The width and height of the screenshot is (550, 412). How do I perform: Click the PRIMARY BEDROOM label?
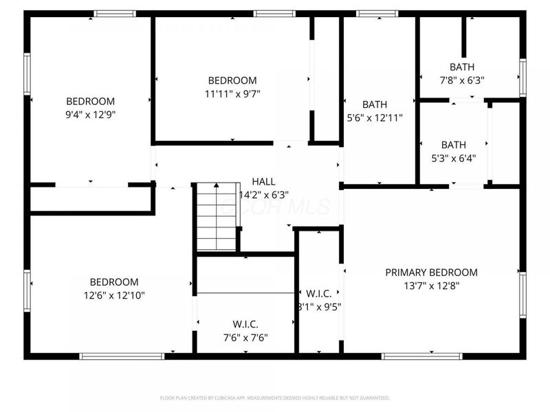[431, 273]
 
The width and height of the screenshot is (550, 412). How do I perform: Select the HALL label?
[263, 181]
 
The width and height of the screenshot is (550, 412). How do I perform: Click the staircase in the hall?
[216, 217]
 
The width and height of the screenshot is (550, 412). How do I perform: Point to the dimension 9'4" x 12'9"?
[91, 115]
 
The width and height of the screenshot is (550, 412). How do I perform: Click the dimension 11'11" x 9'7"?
[232, 93]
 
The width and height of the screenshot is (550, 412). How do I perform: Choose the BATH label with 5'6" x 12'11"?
[375, 104]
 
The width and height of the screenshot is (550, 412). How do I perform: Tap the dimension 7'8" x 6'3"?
[461, 80]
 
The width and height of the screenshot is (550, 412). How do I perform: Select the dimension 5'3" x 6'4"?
[453, 157]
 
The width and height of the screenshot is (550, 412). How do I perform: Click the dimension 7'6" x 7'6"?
[245, 337]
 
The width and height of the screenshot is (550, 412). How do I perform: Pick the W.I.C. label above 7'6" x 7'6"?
[245, 324]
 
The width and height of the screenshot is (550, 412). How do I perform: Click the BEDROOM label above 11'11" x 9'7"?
[232, 80]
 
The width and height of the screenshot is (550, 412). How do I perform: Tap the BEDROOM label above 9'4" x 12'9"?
[91, 101]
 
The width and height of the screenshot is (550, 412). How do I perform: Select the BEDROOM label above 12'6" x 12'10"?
[114, 282]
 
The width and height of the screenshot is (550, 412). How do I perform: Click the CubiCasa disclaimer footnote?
[275, 398]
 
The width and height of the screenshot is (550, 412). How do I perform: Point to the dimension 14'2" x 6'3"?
[263, 194]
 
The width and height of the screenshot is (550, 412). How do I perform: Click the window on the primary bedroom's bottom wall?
[411, 356]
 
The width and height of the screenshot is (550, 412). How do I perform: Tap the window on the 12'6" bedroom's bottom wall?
[122, 356]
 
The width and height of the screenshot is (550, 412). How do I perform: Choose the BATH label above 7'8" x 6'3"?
[461, 67]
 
